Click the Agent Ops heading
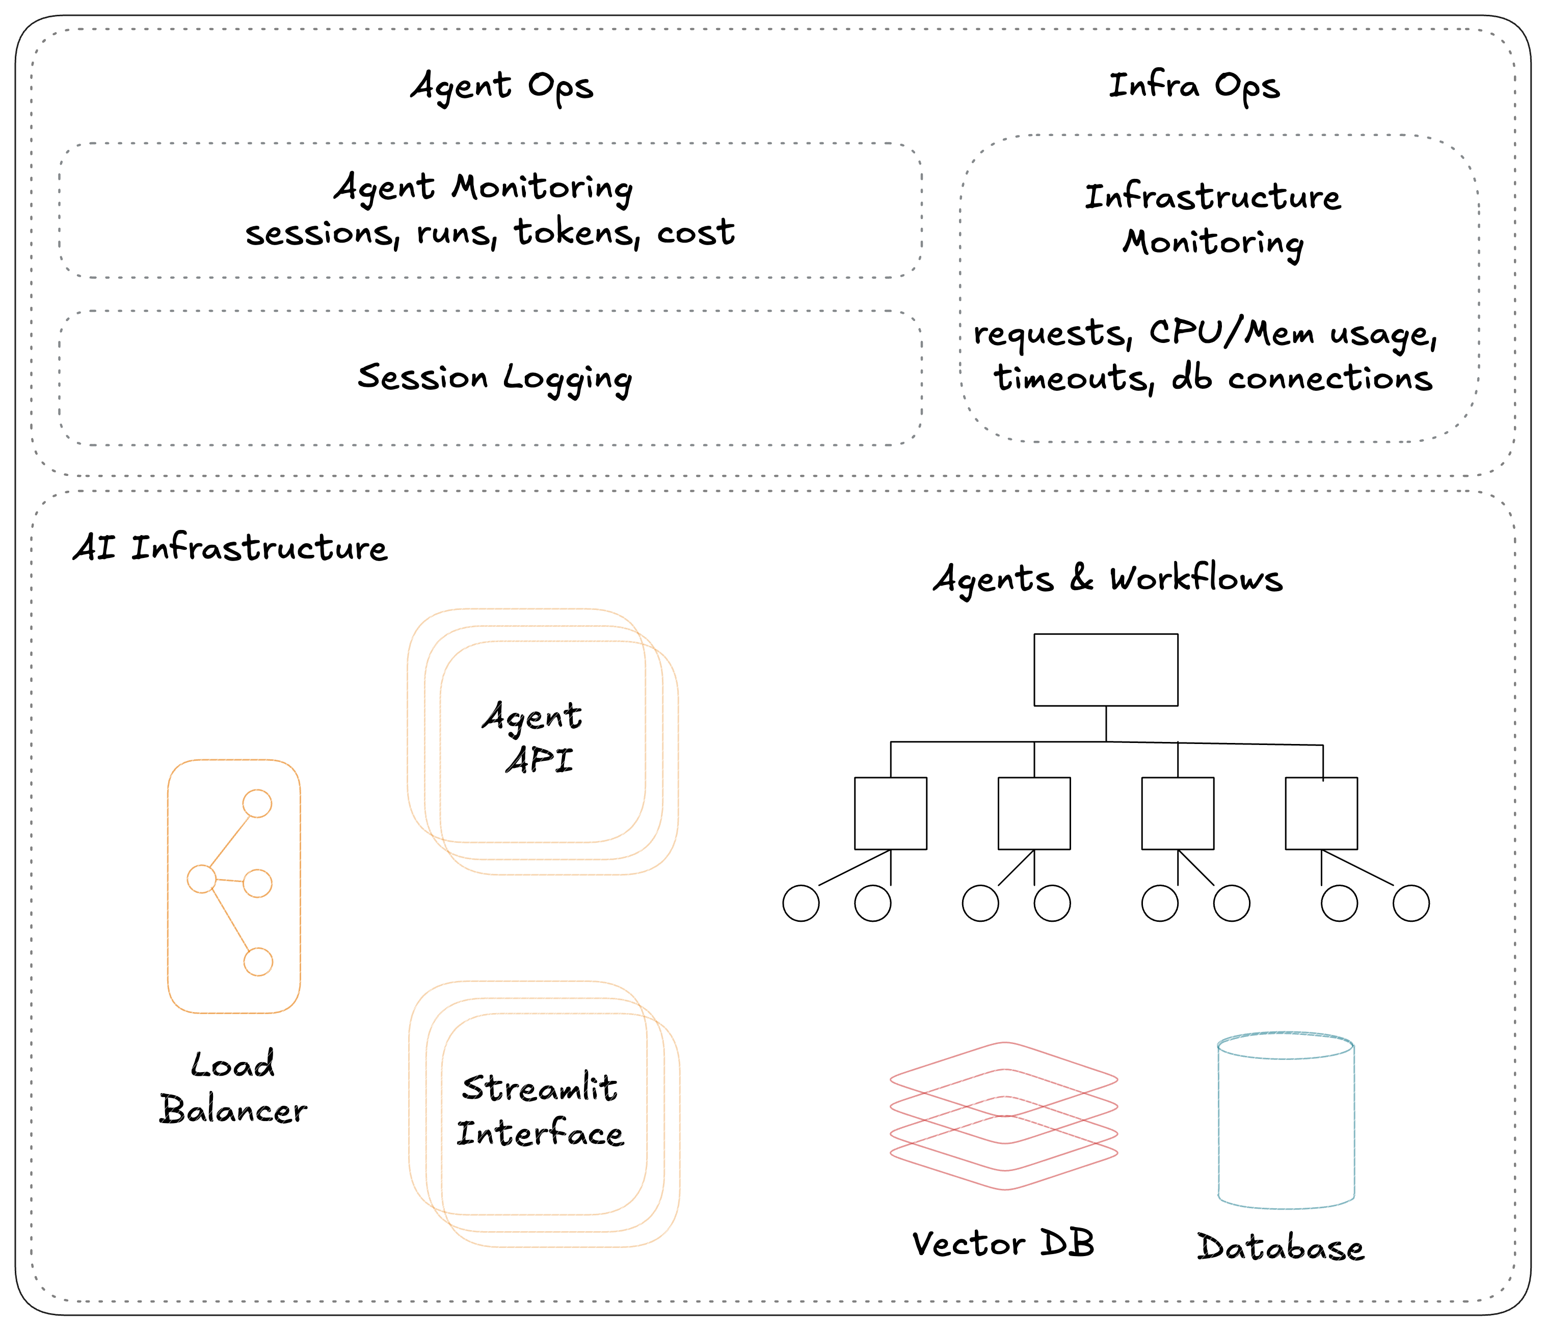(x=502, y=87)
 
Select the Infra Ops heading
(x=1194, y=87)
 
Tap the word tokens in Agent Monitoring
(x=575, y=233)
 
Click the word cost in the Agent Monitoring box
(x=696, y=233)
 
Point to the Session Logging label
(x=494, y=378)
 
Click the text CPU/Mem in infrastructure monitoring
(x=1231, y=333)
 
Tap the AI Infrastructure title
(x=230, y=549)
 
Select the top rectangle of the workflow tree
(x=1106, y=670)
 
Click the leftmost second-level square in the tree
(x=890, y=813)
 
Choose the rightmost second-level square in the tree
(x=1321, y=813)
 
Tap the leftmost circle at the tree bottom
(x=801, y=903)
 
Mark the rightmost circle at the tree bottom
(x=1411, y=903)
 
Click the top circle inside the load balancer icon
(x=257, y=804)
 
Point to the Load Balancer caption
(x=233, y=1087)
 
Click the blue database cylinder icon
(x=1286, y=1120)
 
